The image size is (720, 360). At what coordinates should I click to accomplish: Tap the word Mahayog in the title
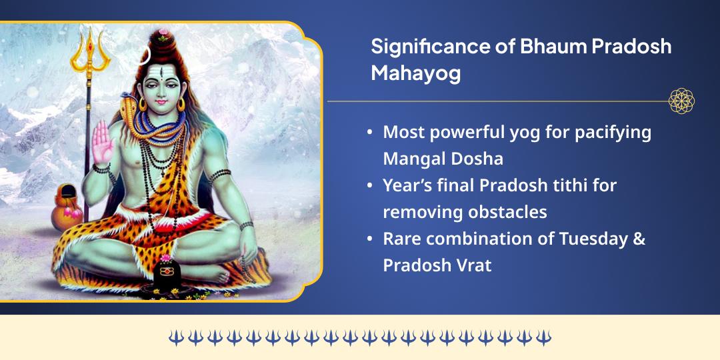(415, 73)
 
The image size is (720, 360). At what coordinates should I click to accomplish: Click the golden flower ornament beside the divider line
(681, 101)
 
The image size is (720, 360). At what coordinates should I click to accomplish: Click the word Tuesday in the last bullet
(591, 239)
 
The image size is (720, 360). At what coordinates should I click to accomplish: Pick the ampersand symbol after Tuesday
(639, 239)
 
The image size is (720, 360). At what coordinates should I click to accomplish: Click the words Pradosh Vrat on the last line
(437, 265)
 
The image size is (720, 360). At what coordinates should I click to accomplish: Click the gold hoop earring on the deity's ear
(180, 105)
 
